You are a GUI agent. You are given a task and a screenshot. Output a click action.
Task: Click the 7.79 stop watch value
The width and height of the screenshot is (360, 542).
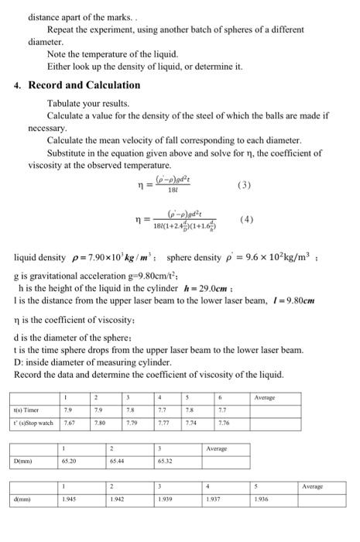click(x=131, y=424)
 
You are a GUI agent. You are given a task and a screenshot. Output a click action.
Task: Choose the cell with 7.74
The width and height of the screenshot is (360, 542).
click(x=191, y=424)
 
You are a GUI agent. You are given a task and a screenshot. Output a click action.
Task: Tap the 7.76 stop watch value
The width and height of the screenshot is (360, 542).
click(x=224, y=424)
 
